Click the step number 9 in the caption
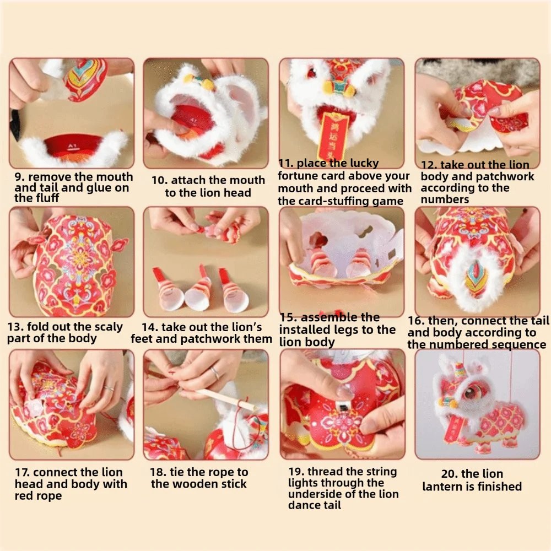point(19,176)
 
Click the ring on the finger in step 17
point(109,388)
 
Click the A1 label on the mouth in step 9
point(72,145)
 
